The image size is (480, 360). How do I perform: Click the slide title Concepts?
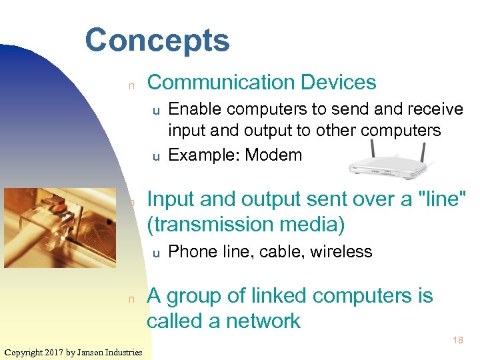click(157, 40)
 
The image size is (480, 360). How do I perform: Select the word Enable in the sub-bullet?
click(191, 109)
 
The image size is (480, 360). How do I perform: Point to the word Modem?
click(273, 155)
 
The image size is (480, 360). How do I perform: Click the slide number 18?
click(457, 341)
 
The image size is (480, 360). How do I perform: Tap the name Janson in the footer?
click(93, 352)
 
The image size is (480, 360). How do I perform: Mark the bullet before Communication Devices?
click(132, 85)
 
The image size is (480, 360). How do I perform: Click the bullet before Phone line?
click(156, 253)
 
